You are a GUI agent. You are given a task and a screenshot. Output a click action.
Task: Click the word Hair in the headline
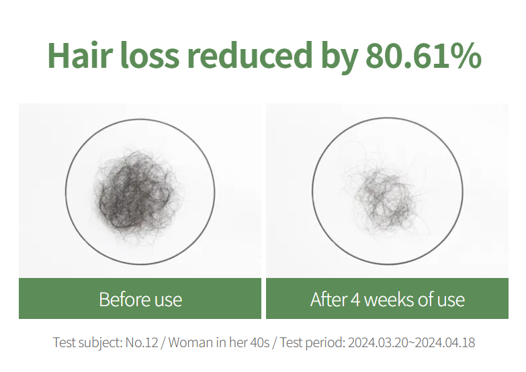coord(79,55)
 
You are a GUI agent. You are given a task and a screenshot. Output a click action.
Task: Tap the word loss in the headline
coord(150,55)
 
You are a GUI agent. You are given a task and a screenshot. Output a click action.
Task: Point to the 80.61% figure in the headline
coord(423,55)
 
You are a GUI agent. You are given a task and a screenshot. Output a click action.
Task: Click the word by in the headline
coord(339,57)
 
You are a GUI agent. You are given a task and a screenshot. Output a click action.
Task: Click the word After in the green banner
coord(328,299)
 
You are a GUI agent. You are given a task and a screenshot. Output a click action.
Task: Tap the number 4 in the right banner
coord(355,299)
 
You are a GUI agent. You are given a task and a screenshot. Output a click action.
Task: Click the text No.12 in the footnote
coord(142,342)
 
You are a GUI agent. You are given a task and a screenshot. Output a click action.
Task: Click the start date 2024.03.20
coord(378,342)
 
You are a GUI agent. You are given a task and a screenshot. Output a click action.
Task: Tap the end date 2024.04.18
coord(445,342)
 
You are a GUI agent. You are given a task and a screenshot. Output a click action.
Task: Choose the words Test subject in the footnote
coord(87,343)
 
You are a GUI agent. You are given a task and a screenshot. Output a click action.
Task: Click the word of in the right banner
coord(431,299)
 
